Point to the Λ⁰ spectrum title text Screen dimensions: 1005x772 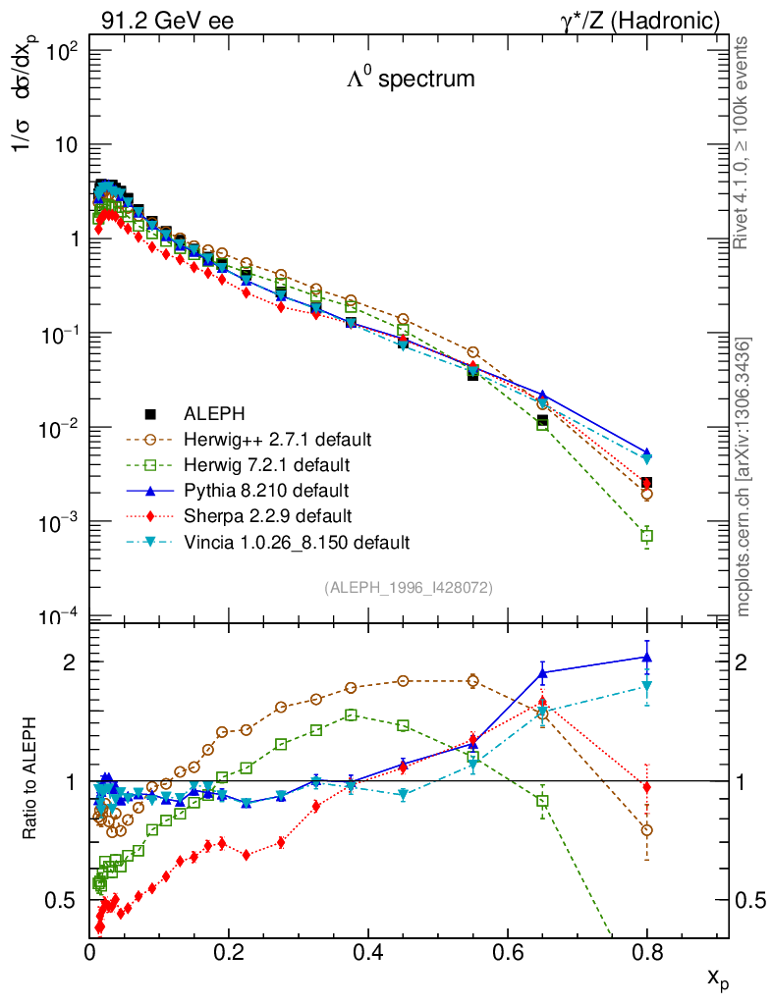coord(411,79)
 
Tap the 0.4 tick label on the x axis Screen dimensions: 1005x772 coord(367,952)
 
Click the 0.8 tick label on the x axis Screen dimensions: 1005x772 coord(646,952)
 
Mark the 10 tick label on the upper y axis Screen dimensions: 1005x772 coord(68,144)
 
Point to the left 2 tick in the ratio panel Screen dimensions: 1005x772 coord(73,661)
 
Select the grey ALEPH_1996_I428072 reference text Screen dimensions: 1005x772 coord(408,587)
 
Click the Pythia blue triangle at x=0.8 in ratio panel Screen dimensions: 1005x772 coord(646,657)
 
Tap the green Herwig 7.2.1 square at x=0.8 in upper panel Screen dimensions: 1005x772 coord(646,536)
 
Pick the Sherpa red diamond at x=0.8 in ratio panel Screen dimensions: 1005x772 coord(646,787)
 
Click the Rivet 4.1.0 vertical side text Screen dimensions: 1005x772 coord(744,143)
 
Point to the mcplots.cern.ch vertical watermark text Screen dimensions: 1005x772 coord(744,477)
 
